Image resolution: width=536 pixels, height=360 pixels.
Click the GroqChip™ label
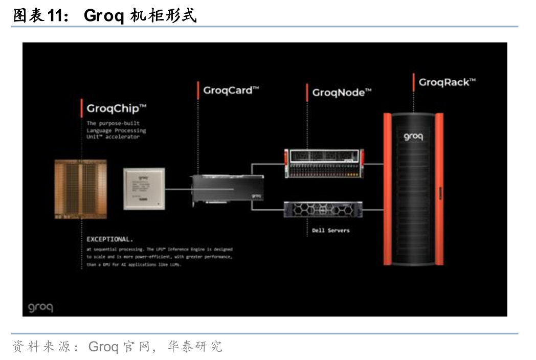tap(117, 108)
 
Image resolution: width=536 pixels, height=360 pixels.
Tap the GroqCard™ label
tap(231, 91)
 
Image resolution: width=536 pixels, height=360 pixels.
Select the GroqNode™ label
tap(341, 93)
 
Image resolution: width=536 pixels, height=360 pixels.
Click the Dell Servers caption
tap(331, 231)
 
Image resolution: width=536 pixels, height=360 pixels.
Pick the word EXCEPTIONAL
tap(110, 239)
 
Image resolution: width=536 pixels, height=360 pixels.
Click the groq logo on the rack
tap(413, 137)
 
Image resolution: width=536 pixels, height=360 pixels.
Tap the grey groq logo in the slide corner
tap(40, 308)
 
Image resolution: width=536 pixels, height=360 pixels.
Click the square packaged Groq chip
tap(144, 189)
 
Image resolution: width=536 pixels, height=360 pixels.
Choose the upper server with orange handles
tap(324, 163)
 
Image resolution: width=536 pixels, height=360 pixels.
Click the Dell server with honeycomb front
tap(323, 209)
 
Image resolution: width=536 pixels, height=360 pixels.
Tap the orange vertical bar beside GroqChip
tap(82, 108)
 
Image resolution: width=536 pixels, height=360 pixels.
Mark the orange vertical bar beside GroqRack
tap(413, 82)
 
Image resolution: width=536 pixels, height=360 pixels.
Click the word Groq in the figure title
tap(104, 16)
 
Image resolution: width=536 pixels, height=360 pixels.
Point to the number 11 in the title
tap(55, 16)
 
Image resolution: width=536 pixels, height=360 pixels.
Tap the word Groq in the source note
tap(103, 347)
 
